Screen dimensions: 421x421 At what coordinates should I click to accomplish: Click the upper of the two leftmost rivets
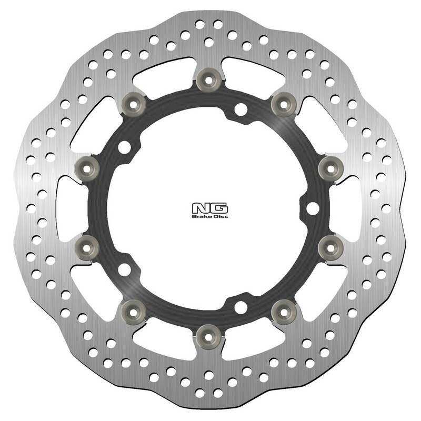click(84, 167)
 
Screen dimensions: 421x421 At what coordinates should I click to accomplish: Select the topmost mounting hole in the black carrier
click(241, 109)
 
